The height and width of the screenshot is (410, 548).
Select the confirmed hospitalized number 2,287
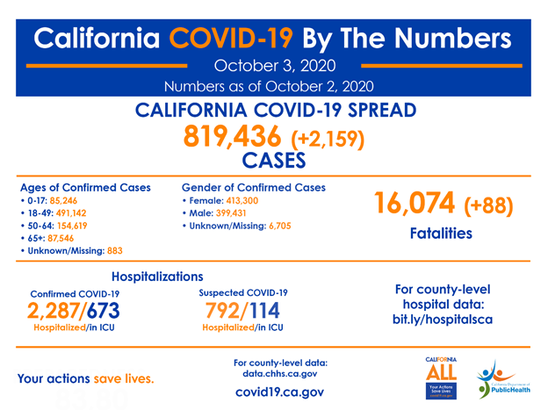[54, 312]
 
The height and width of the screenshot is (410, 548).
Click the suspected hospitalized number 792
[225, 312]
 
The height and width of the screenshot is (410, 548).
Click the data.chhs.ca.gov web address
[274, 374]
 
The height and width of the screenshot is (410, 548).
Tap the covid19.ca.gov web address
[274, 392]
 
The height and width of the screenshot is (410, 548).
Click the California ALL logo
[441, 378]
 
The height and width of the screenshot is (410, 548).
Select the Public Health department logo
[502, 379]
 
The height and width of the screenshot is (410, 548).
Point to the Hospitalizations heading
[162, 276]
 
